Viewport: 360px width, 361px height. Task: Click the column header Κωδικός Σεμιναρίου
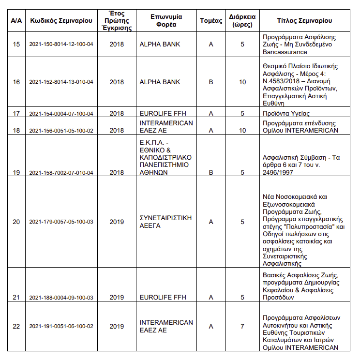coord(61,21)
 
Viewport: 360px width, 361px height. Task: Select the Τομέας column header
coord(211,21)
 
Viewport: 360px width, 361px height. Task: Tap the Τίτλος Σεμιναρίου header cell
coord(304,21)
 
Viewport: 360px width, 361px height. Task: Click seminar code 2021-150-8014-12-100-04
coord(61,45)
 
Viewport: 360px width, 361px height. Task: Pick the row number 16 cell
coord(16,82)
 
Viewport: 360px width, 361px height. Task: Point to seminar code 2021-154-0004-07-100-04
coord(61,113)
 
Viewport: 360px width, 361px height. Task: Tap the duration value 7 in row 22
coord(242,326)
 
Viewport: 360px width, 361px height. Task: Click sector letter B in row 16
coord(211,82)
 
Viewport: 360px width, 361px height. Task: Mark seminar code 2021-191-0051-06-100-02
coord(61,327)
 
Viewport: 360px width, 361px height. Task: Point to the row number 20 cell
coord(16,222)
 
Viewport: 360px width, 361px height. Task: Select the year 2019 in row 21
coord(117,298)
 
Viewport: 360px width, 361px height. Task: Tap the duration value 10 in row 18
coord(242,130)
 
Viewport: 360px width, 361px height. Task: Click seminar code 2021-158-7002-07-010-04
coord(61,172)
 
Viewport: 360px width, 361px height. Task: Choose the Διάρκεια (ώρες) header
coord(242,21)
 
